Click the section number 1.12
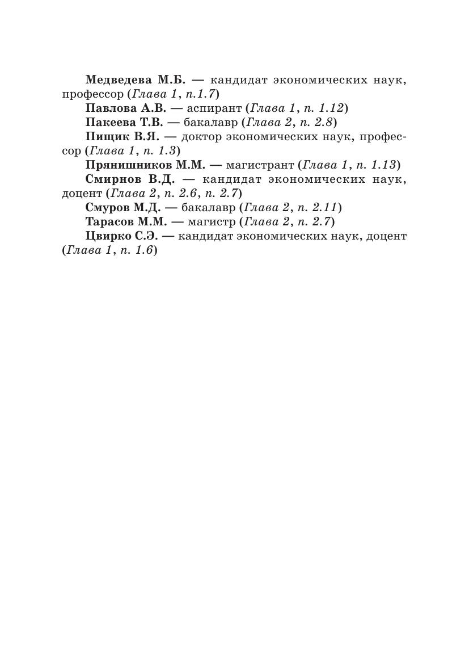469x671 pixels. tap(330, 108)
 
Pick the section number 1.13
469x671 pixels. tap(383, 165)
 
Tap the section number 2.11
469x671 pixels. tap(324, 207)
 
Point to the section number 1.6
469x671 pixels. tap(141, 250)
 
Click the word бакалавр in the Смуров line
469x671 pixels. tap(208, 207)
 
